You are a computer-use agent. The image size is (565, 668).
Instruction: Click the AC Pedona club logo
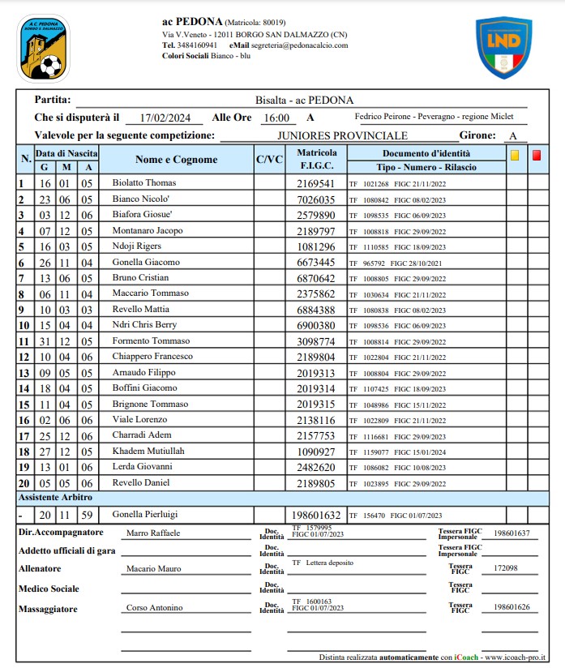(44, 48)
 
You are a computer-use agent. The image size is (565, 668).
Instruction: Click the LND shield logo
(503, 48)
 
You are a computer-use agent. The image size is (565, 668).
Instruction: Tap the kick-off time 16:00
(276, 118)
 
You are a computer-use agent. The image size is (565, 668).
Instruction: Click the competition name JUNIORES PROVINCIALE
(342, 135)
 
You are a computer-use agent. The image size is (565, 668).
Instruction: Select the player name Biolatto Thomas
(143, 183)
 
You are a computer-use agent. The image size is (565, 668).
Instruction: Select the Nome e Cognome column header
(176, 160)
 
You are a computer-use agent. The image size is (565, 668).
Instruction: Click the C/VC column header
(269, 160)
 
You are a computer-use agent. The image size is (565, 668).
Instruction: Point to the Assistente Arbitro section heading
(55, 497)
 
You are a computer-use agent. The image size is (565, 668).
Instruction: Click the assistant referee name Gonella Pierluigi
(147, 514)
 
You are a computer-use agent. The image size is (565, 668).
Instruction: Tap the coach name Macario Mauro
(153, 568)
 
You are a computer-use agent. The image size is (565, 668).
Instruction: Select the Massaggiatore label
(49, 607)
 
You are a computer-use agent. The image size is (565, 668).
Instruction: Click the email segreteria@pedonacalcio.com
(298, 45)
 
